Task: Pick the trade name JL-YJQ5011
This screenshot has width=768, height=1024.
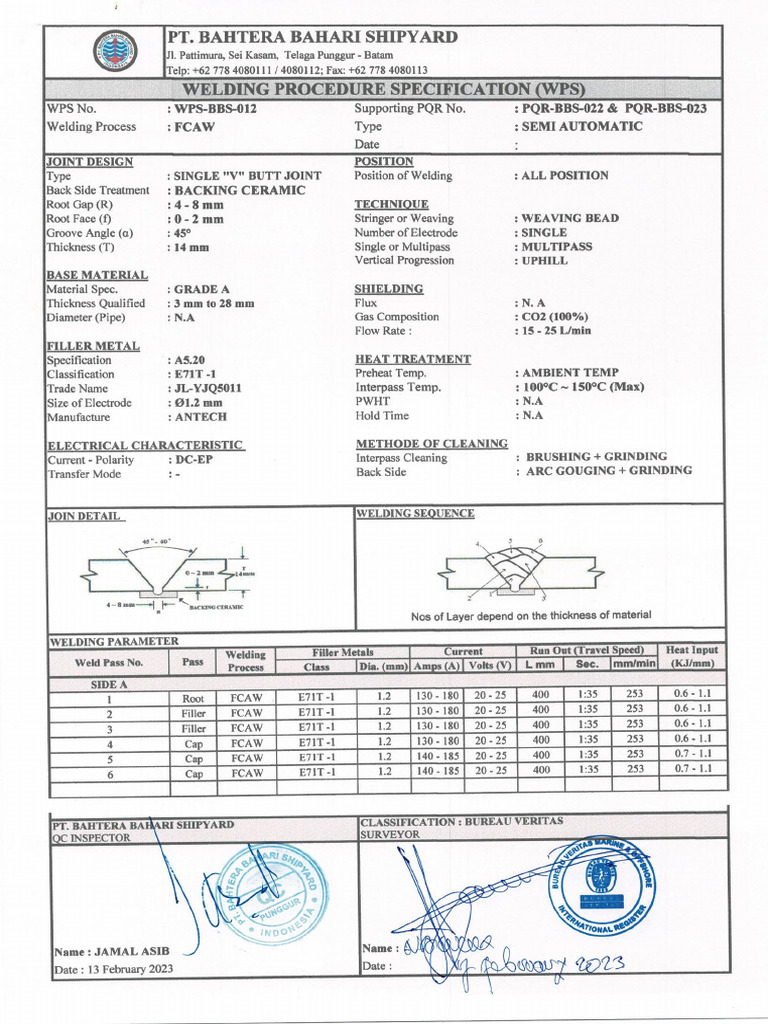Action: (x=208, y=389)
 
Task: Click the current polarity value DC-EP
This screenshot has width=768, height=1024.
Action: (x=194, y=460)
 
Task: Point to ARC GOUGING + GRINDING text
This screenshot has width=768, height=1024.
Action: (x=609, y=471)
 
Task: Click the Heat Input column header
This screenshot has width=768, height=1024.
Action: (x=690, y=657)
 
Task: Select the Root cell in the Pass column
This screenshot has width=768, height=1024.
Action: (x=193, y=699)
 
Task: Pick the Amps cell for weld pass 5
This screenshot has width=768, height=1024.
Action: (x=436, y=758)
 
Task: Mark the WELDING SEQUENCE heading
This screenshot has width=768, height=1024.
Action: (x=415, y=514)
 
